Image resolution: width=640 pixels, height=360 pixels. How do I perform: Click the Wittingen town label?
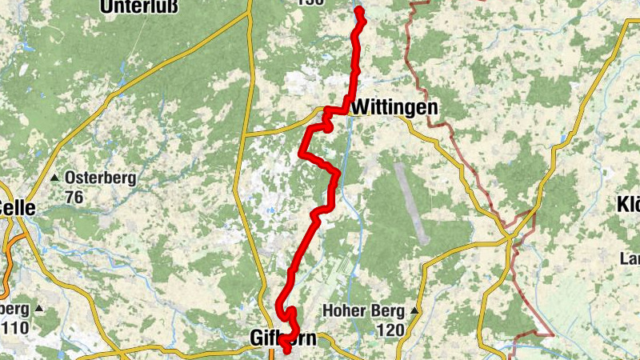[394, 107]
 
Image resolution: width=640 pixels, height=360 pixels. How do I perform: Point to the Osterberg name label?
[101, 178]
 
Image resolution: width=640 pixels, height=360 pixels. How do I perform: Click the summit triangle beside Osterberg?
[54, 178]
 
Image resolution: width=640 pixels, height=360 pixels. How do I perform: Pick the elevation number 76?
[74, 197]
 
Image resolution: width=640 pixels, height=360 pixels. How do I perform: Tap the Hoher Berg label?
[365, 310]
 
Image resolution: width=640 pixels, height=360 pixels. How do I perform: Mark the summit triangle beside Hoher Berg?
[414, 310]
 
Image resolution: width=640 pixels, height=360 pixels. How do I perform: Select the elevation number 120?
[390, 330]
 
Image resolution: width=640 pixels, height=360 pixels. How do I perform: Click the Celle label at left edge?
[18, 208]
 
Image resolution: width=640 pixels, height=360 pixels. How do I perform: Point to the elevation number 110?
[14, 328]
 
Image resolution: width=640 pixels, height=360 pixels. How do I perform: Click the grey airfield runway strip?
[412, 203]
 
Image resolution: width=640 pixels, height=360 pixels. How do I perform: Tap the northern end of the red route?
[358, 10]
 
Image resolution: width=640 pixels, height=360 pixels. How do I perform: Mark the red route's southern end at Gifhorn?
[286, 349]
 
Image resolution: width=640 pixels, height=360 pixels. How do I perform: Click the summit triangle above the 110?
[38, 308]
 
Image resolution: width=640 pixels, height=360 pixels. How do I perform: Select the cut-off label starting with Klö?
[629, 204]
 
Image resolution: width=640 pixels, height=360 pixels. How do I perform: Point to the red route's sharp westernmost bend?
[302, 151]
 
